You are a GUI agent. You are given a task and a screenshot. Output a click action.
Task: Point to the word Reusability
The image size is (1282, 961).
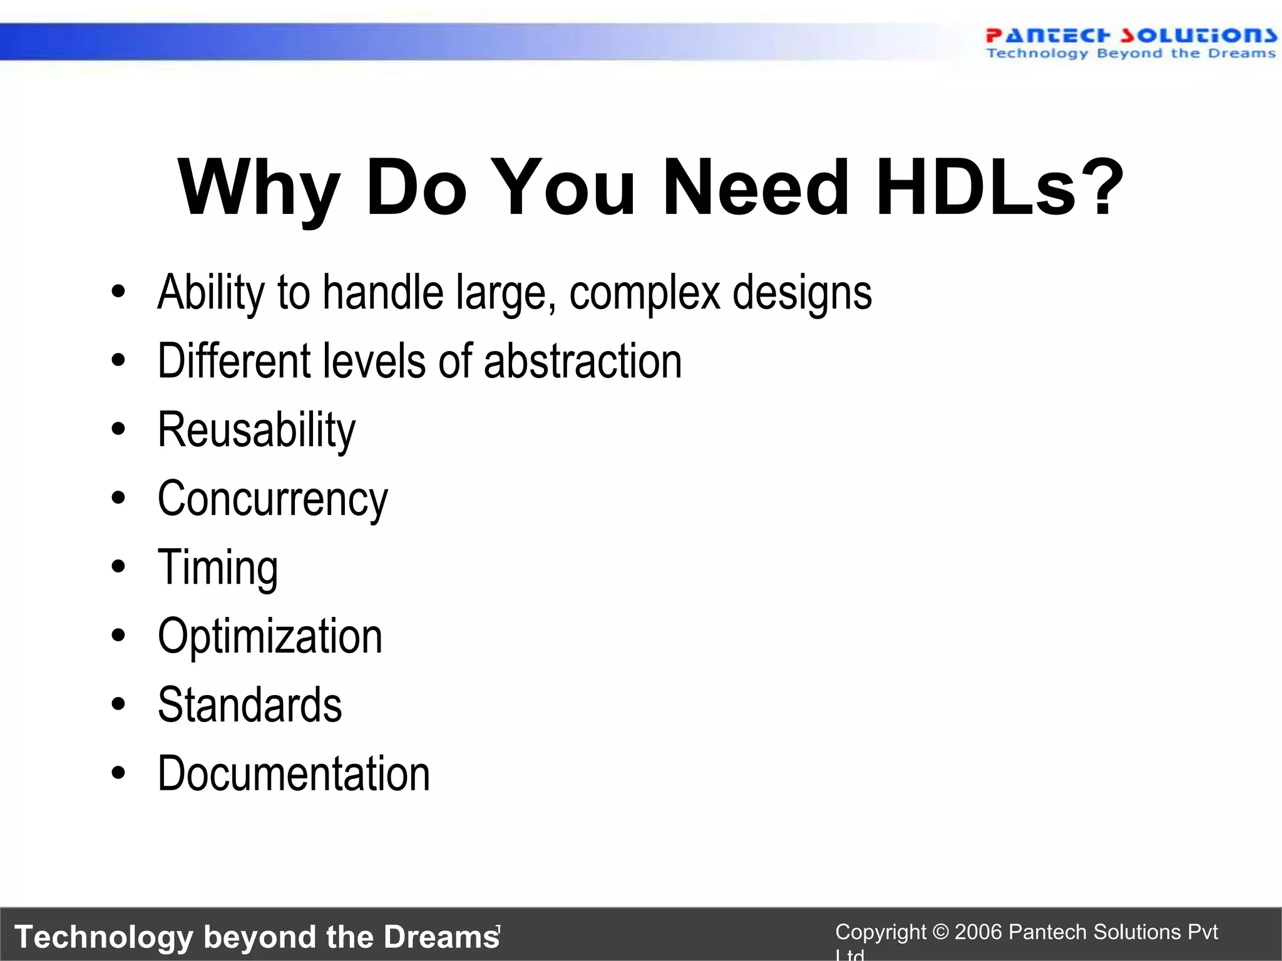click(x=257, y=430)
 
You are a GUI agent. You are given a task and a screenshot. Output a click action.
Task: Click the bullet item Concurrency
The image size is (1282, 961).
click(x=272, y=499)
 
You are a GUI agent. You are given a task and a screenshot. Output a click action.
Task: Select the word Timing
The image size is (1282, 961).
click(x=217, y=568)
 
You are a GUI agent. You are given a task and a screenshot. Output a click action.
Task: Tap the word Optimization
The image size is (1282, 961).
click(x=270, y=636)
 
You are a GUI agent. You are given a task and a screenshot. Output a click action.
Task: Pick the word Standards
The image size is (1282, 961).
click(x=250, y=705)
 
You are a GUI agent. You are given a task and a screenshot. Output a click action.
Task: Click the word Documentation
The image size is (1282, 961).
click(x=294, y=774)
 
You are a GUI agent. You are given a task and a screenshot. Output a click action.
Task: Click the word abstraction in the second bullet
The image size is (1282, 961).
click(x=583, y=362)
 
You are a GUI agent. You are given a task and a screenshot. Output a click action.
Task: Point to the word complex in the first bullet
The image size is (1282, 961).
click(x=644, y=293)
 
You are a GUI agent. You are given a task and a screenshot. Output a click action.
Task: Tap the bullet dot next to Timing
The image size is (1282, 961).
click(x=118, y=567)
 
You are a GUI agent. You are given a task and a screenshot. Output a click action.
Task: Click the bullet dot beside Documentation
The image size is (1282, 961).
click(x=118, y=773)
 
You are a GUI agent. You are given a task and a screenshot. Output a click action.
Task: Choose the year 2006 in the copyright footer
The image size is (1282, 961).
click(x=979, y=932)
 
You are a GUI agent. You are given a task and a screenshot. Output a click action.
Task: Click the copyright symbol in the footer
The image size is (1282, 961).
click(x=940, y=932)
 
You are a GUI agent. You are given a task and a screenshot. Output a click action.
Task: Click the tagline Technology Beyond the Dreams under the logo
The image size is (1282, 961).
click(x=1130, y=54)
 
